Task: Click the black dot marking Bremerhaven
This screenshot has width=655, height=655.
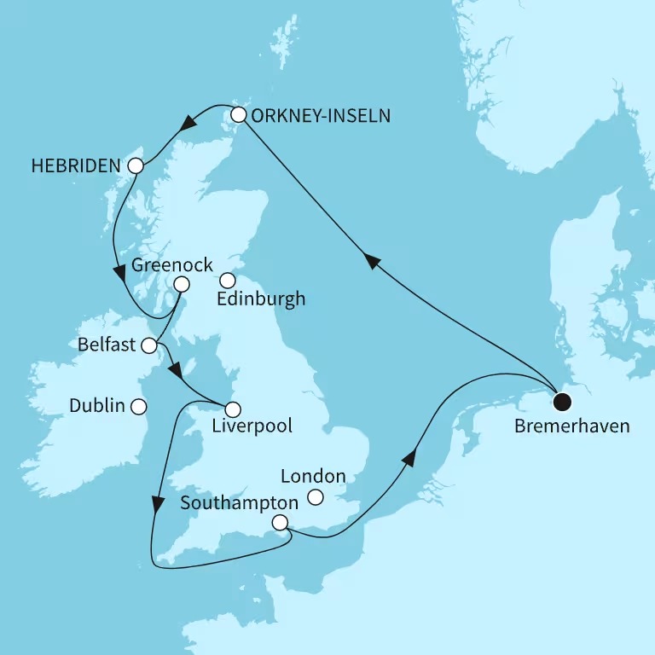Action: (561, 401)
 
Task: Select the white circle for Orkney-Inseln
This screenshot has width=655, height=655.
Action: (239, 115)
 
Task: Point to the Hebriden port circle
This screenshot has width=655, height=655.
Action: (135, 166)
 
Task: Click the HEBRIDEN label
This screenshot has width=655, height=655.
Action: (74, 166)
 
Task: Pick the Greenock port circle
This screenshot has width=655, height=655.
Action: (181, 284)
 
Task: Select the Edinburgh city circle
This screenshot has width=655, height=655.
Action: (227, 280)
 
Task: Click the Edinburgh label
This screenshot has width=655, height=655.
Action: (262, 299)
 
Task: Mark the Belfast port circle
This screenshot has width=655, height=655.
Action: (149, 345)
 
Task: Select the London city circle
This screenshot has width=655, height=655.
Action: (316, 497)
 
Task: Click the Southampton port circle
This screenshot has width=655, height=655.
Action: (280, 523)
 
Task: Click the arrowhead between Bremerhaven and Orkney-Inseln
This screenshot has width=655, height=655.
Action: (372, 262)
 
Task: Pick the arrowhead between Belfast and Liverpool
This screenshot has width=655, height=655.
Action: (175, 373)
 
